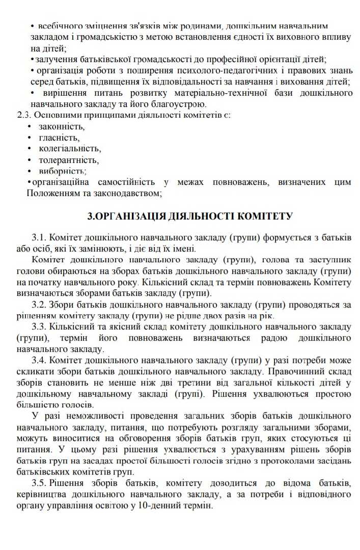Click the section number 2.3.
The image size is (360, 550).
coord(24,115)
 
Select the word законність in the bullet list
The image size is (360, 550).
coord(61,126)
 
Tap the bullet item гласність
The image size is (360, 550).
coord(59,137)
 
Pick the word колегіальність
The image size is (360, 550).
coord(70,149)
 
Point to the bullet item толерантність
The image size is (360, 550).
coord(69,160)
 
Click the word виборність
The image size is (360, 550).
coord(62,171)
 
